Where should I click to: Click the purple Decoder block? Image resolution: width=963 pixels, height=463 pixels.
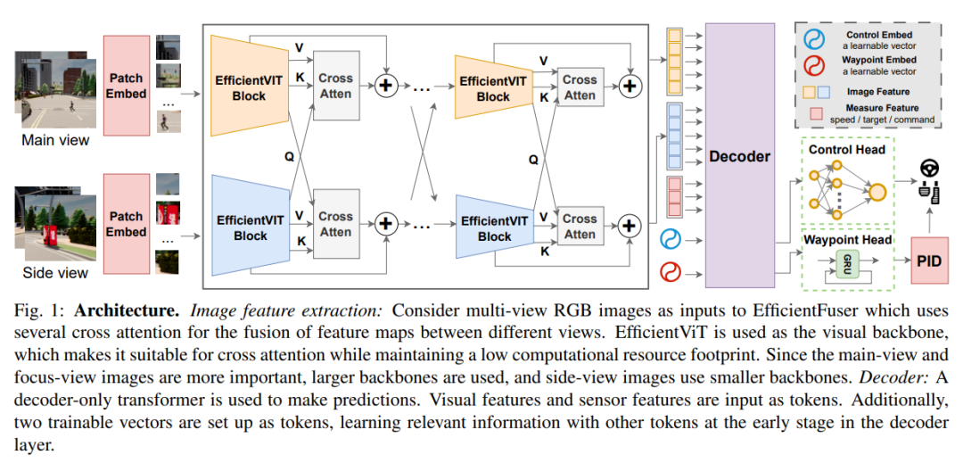739,156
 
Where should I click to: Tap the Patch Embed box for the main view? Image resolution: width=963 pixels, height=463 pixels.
127,85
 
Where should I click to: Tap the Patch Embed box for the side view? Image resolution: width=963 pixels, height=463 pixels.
127,223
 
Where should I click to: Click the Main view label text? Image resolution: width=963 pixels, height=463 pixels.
54,139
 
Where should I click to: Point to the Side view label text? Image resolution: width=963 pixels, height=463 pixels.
55,273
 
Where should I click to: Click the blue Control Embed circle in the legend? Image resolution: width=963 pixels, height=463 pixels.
813,40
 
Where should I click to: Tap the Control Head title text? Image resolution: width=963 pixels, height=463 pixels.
846,150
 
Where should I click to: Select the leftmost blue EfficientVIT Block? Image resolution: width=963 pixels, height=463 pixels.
250,227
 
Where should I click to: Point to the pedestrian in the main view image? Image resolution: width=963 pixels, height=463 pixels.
70,107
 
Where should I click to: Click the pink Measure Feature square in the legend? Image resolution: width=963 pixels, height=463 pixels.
815,113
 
